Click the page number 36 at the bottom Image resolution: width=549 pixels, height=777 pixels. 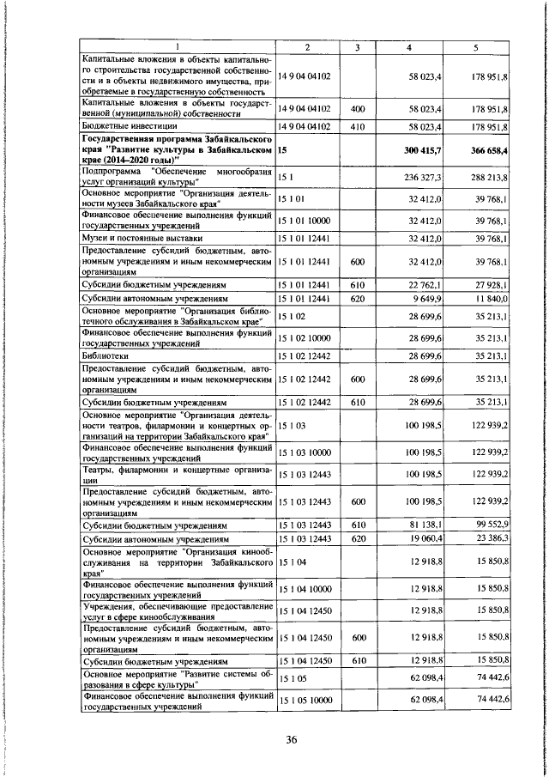tap(291, 742)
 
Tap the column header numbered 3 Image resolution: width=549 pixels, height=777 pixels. tap(358, 46)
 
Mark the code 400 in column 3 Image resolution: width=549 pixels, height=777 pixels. tap(358, 109)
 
